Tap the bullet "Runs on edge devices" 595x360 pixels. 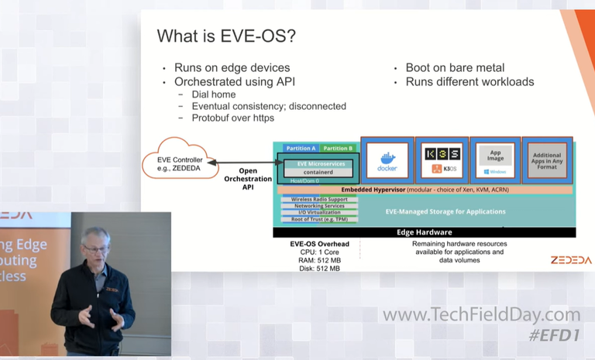coord(232,67)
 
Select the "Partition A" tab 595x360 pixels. coord(301,148)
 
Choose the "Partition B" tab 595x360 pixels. coord(337,148)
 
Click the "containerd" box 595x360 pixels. coord(319,172)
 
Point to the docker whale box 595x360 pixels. coord(387,160)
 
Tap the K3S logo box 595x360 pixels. coord(441,160)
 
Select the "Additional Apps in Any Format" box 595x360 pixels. coord(548,160)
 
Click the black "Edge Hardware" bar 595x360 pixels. coord(424,232)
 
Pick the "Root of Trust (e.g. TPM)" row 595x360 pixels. coord(319,220)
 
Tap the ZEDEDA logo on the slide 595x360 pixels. coord(571,260)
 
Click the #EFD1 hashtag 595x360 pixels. coord(555,335)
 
